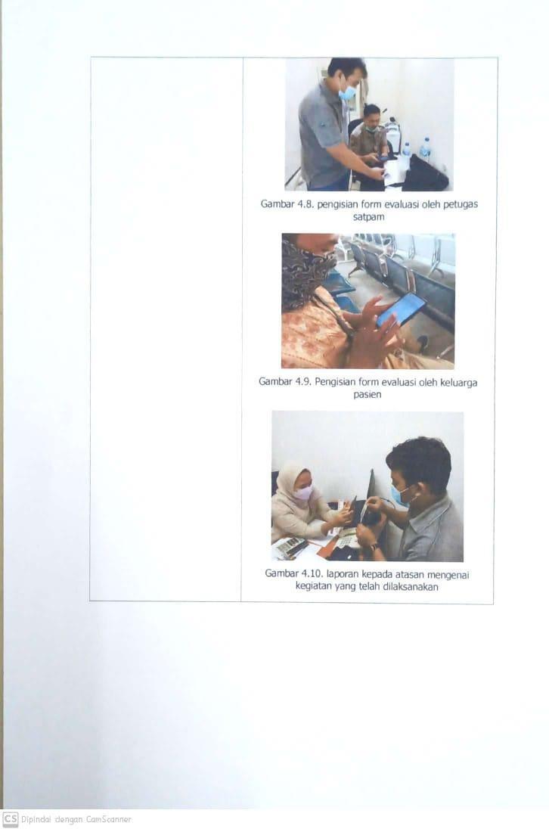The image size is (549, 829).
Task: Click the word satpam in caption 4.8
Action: pos(368,217)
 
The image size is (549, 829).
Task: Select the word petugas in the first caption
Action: pos(461,205)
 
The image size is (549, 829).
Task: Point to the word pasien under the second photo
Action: pos(367,394)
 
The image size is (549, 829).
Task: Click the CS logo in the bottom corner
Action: pos(11,819)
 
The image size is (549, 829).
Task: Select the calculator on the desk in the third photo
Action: pos(290,547)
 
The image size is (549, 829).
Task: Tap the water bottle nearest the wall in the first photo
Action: pos(425,148)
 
